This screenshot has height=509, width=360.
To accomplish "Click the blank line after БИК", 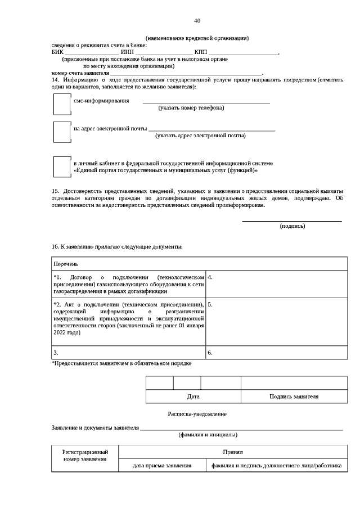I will point(87,53).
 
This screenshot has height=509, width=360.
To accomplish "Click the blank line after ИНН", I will point(164,53).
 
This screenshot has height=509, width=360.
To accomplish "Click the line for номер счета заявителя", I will point(186,74).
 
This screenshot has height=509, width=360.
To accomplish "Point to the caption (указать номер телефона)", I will point(191,107).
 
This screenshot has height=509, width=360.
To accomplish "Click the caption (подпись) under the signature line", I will point(292,226).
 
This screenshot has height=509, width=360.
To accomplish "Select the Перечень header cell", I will point(197,264).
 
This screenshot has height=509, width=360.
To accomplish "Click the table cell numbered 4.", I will point(276,284).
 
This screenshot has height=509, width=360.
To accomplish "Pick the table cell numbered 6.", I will point(276,353).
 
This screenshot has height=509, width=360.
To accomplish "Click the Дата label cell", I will point(193,397).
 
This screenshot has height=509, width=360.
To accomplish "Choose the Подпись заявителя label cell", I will point(294,397).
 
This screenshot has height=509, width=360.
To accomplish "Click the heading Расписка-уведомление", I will point(197,414).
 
